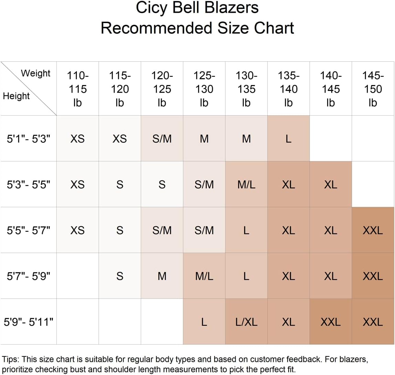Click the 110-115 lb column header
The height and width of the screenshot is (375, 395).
pyautogui.click(x=77, y=89)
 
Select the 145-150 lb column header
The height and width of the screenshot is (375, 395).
pyautogui.click(x=373, y=89)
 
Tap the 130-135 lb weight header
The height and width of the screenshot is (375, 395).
pyautogui.click(x=247, y=89)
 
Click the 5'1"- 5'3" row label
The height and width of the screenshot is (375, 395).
pyautogui.click(x=29, y=138)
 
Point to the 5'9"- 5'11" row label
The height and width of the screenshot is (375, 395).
pyautogui.click(x=29, y=322)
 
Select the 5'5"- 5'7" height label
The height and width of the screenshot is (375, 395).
pyautogui.click(x=29, y=230)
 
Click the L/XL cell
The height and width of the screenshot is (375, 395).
pyautogui.click(x=247, y=322)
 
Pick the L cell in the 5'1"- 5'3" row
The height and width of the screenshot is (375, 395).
pyautogui.click(x=289, y=138)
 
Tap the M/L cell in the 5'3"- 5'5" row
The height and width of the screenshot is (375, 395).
pyautogui.click(x=247, y=185)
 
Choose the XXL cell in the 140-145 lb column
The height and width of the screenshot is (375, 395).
pyautogui.click(x=331, y=322)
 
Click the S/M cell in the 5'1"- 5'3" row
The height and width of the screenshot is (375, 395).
pyautogui.click(x=162, y=138)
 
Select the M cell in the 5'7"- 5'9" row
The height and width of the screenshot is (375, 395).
pyautogui.click(x=162, y=276)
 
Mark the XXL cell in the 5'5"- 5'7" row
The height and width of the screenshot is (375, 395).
pyautogui.click(x=373, y=230)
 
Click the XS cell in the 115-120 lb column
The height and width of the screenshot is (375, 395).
pyautogui.click(x=119, y=138)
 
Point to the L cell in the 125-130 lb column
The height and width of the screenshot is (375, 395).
pyautogui.click(x=204, y=322)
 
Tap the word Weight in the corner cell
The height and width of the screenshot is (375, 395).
pyautogui.click(x=35, y=73)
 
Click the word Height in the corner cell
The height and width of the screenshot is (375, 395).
pyautogui.click(x=16, y=96)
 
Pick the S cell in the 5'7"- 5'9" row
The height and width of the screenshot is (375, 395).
pyautogui.click(x=119, y=276)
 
